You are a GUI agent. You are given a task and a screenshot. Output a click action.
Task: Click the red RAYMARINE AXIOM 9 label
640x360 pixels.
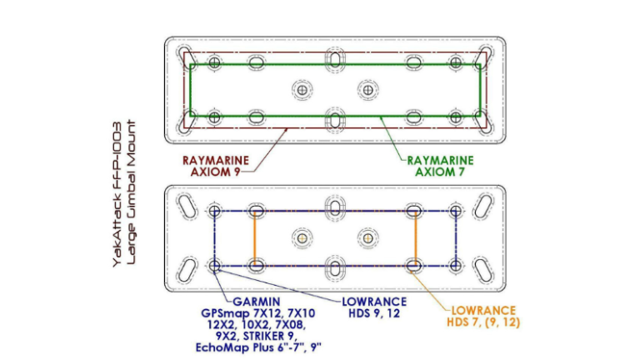(x=216, y=166)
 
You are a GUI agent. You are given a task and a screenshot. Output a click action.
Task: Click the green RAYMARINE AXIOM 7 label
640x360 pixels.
(x=440, y=166)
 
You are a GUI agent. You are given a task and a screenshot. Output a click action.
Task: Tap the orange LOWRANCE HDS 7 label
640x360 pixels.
(x=483, y=317)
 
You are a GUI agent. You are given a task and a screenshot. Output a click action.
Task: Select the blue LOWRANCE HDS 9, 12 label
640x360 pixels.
(x=374, y=307)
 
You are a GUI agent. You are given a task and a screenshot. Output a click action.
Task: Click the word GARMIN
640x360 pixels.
(x=257, y=302)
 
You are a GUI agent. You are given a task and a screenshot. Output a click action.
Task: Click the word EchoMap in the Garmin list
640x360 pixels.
(x=220, y=347)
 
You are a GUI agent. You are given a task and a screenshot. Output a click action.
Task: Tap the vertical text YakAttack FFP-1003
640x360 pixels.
(x=117, y=194)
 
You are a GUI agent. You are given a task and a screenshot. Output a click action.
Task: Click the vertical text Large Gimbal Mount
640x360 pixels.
(x=131, y=192)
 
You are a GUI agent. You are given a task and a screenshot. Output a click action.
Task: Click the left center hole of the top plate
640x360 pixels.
(x=302, y=90)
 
